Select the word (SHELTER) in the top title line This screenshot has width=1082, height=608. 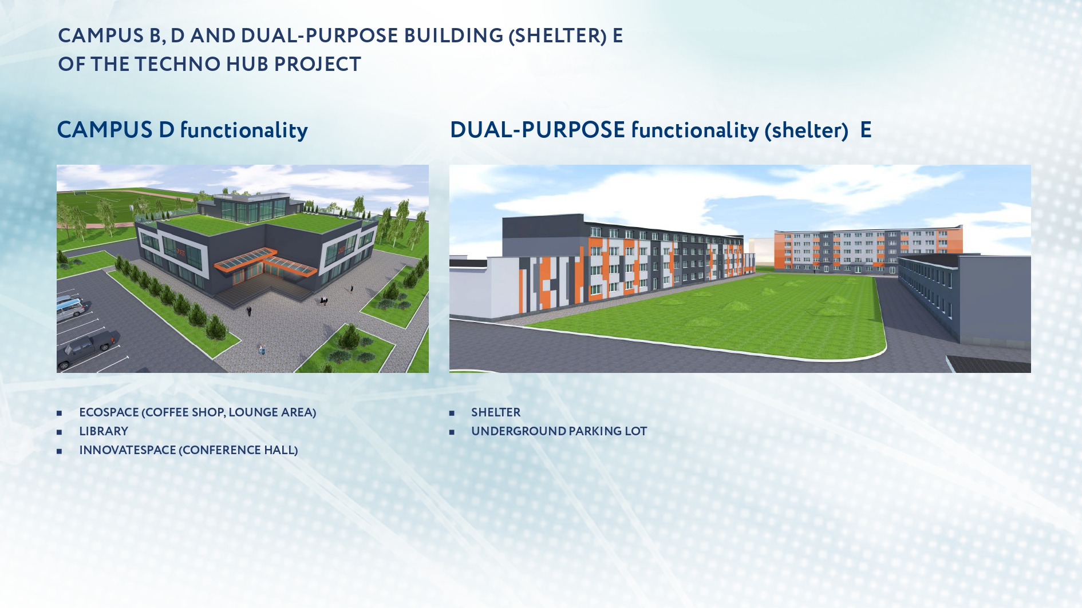coord(558,35)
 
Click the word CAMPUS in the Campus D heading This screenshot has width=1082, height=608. coord(105,130)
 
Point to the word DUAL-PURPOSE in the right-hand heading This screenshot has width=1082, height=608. coord(537,130)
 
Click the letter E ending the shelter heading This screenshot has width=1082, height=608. coord(866,130)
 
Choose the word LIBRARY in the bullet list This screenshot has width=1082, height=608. coord(104,431)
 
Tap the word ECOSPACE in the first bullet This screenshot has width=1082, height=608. coord(109,412)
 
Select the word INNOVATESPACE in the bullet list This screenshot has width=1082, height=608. coord(128,450)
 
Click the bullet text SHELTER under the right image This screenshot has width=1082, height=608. coord(496,412)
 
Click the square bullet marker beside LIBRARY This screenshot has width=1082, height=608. coord(59,432)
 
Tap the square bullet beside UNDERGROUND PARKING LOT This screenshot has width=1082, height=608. coord(452,432)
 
